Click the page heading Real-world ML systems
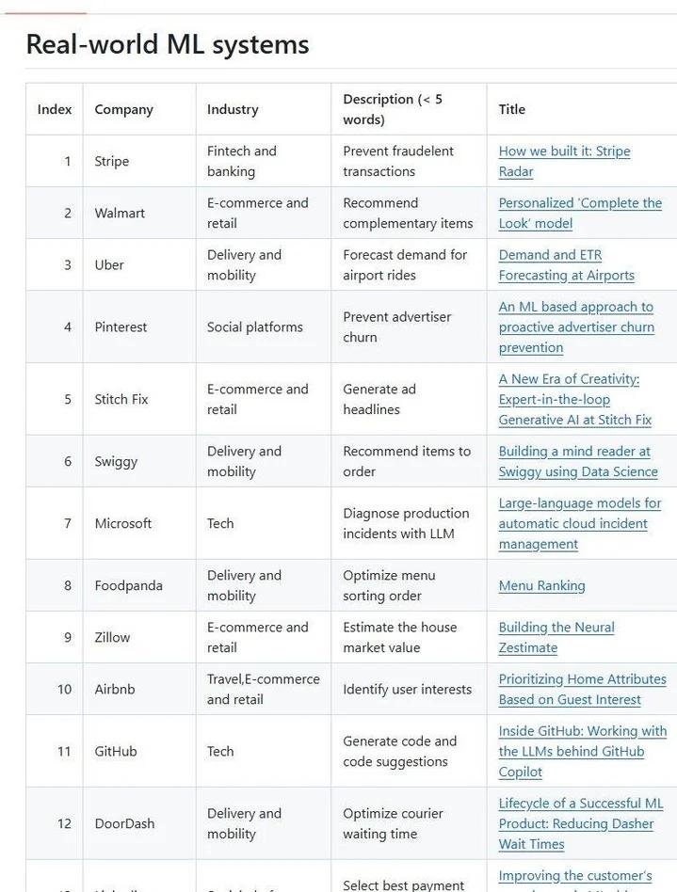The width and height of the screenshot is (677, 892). pyautogui.click(x=167, y=44)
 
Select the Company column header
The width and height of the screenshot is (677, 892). pyautogui.click(x=123, y=109)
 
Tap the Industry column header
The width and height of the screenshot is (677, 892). pyautogui.click(x=233, y=109)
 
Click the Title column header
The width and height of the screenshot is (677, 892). pyautogui.click(x=511, y=109)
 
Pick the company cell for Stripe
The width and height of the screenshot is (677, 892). pyautogui.click(x=111, y=161)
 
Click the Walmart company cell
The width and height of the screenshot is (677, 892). pyautogui.click(x=120, y=213)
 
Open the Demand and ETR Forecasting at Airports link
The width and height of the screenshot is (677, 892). pyautogui.click(x=566, y=264)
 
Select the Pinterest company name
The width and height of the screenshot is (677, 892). pyautogui.click(x=121, y=327)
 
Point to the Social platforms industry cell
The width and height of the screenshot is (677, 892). pyautogui.click(x=255, y=327)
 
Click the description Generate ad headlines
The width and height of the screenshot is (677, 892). pyautogui.click(x=379, y=399)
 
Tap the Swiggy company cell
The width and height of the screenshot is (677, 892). pyautogui.click(x=116, y=461)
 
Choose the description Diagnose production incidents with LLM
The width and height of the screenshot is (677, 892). pyautogui.click(x=405, y=523)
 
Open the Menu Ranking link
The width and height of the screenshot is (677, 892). pyautogui.click(x=541, y=585)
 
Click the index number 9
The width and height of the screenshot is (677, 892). pyautogui.click(x=68, y=637)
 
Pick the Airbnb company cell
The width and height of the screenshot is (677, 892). pyautogui.click(x=115, y=689)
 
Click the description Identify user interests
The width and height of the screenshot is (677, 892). pyautogui.click(x=407, y=689)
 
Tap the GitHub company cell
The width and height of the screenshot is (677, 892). pyautogui.click(x=116, y=751)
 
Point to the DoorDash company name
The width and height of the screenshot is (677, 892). pyautogui.click(x=124, y=823)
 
